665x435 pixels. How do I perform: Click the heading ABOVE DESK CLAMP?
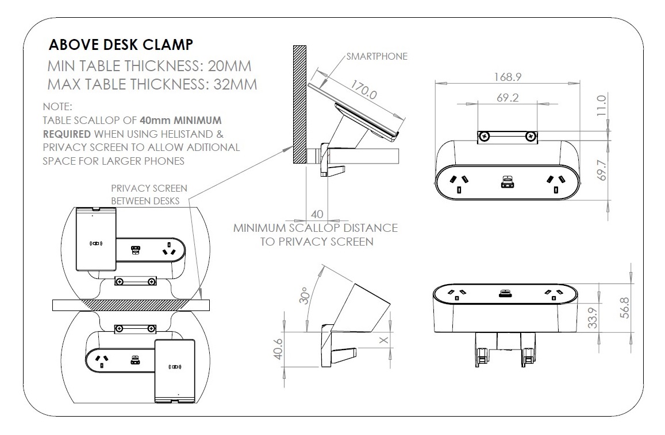pyautogui.click(x=121, y=45)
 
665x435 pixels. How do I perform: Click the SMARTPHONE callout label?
pyautogui.click(x=376, y=56)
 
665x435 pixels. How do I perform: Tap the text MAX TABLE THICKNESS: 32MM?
pyautogui.click(x=152, y=84)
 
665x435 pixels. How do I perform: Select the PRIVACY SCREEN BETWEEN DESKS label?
pyautogui.click(x=148, y=194)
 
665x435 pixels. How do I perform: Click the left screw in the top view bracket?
pyautogui.click(x=485, y=137)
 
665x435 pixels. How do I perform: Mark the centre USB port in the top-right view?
pyautogui.click(x=507, y=181)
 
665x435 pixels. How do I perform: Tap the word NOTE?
pyautogui.click(x=57, y=107)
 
